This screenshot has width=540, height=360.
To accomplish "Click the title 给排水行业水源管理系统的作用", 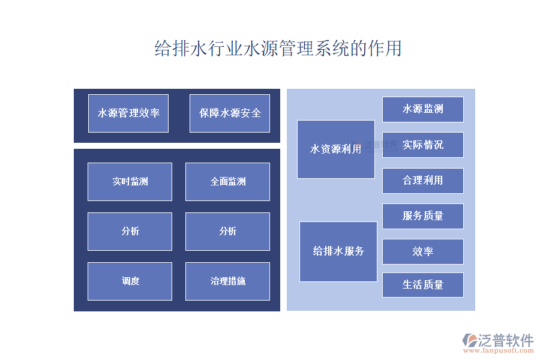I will (x=278, y=49).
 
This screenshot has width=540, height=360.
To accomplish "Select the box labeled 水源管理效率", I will (x=128, y=113).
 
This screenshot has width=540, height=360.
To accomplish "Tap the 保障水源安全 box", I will (x=230, y=113).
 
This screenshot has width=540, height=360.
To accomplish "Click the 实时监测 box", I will (x=130, y=181).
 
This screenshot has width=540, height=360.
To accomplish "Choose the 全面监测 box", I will (x=227, y=181).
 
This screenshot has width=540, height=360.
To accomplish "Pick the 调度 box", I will (x=130, y=281).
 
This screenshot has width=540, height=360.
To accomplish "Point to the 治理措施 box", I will (x=227, y=281).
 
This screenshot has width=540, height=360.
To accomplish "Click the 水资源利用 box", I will (x=335, y=149).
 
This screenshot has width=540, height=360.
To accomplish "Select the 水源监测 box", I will (x=423, y=109).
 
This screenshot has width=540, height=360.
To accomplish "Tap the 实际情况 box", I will (x=423, y=145).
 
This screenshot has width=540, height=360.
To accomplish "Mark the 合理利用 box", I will (x=423, y=181).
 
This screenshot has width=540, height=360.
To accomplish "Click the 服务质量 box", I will (x=423, y=216).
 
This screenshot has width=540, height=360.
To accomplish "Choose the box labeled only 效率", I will (x=423, y=251).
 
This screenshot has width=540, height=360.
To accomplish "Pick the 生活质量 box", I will (x=423, y=284).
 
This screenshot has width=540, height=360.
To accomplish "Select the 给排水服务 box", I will (x=338, y=251).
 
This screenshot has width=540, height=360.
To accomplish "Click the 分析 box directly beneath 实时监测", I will (x=130, y=231).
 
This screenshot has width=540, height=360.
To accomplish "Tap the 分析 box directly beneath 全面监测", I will (x=227, y=231).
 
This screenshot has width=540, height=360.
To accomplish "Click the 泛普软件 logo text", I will (x=506, y=340).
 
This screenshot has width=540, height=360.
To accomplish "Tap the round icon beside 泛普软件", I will (x=469, y=340).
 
